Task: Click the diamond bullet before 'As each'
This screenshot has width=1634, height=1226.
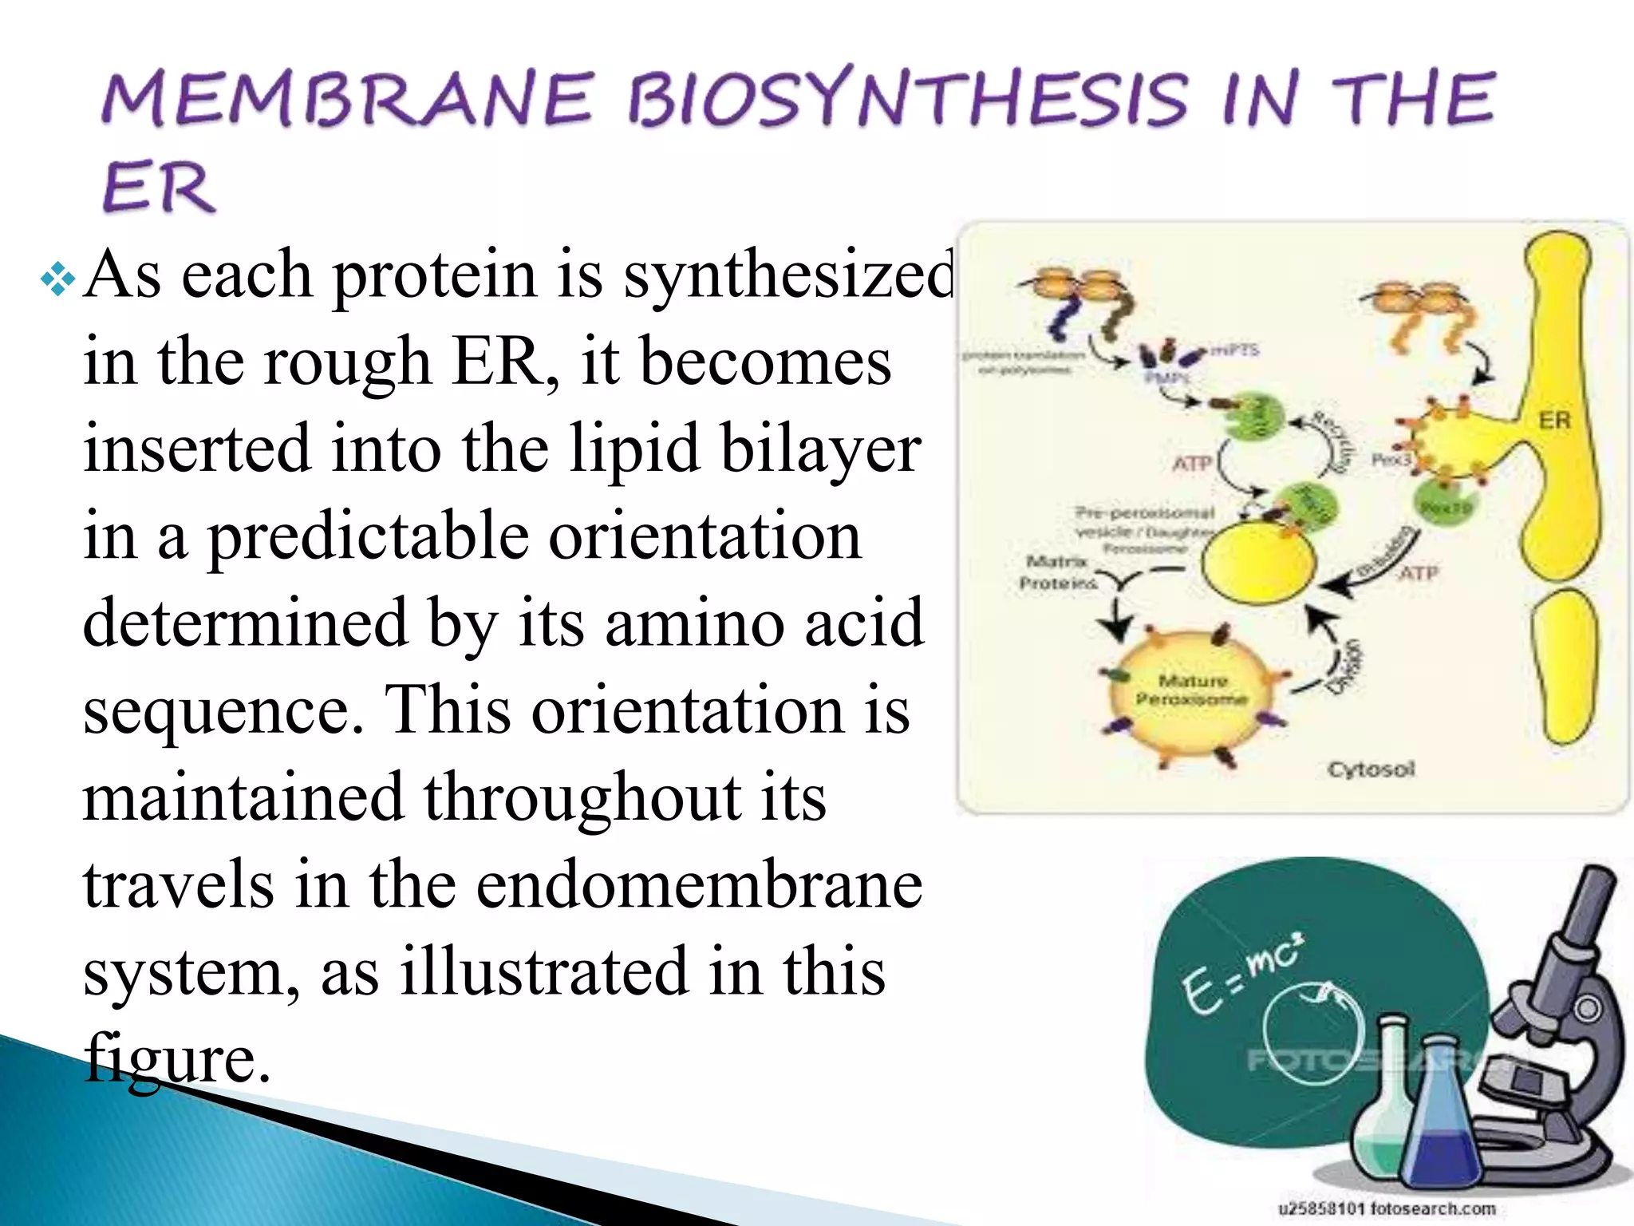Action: [58, 280]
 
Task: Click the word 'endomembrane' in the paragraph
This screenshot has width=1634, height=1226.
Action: [699, 885]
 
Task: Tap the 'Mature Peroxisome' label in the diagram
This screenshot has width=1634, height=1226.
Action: [1192, 690]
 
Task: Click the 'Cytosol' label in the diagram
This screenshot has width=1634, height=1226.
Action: [1371, 769]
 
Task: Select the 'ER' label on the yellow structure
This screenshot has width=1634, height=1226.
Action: [1553, 420]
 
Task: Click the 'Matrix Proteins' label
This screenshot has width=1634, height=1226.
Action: [1057, 572]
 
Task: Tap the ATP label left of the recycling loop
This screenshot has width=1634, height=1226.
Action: [1192, 463]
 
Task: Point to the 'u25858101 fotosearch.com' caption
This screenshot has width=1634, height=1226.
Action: [1387, 1208]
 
